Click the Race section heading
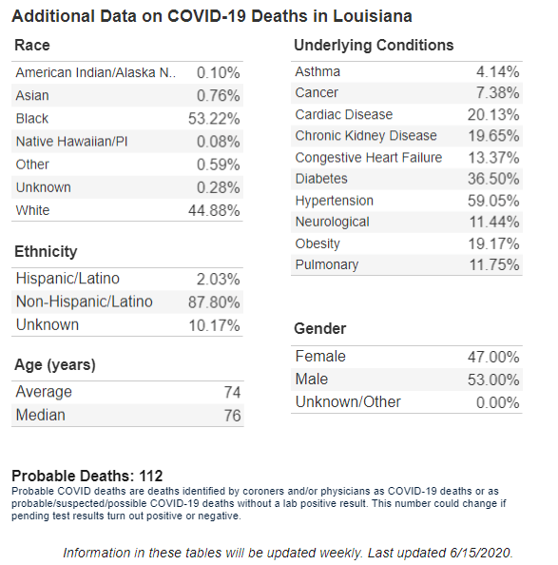coord(32,46)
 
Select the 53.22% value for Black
coord(214,119)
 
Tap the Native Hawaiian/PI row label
coord(71,141)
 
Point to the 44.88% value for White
coord(214,210)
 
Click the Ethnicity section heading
coord(46,251)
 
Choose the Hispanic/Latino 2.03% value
coord(218,280)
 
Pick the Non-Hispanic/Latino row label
coord(85,302)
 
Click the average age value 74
coord(232,392)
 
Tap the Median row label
coord(40,415)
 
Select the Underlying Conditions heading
coord(374,46)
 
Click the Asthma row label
coord(317,71)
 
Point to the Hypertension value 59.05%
coord(493,201)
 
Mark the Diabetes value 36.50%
coord(493,179)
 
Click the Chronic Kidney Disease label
coord(366,136)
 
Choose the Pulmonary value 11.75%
coord(494,264)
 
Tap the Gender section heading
coord(320,328)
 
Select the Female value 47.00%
coord(493,357)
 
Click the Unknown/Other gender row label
coord(348,402)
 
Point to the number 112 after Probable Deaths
coord(151,476)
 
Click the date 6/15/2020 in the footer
coord(481,553)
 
